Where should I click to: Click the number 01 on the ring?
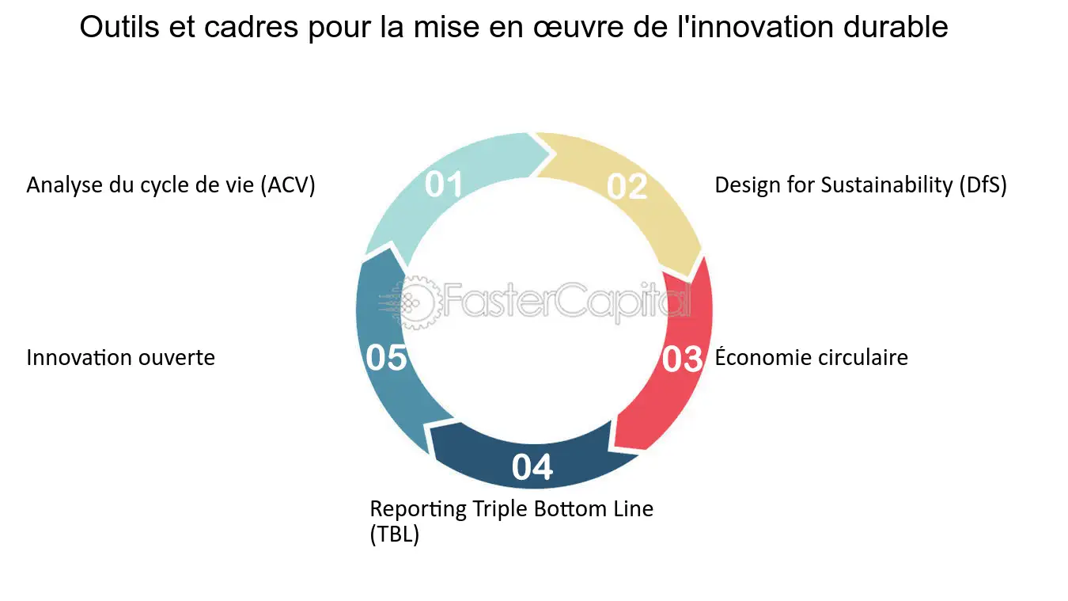coord(444,184)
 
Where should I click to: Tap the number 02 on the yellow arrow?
coord(627,186)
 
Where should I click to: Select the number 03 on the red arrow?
coord(682,359)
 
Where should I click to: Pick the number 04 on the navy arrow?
coord(532,467)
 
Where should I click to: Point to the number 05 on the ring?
coord(386,358)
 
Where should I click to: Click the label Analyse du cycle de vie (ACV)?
coord(171,185)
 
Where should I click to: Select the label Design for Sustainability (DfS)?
coord(861,185)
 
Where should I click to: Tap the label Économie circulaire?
coord(811,358)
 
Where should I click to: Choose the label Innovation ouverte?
coord(120,358)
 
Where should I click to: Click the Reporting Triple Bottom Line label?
coord(512,508)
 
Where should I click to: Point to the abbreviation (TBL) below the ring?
coord(395,534)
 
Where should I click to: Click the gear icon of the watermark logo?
coord(417,302)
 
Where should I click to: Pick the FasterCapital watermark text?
coord(566,302)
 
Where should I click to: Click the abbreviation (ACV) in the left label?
coord(288,185)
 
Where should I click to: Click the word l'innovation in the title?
coord(760,28)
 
